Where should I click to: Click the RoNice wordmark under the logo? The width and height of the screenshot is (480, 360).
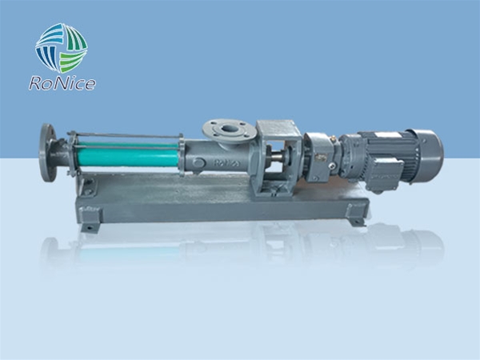coord(62,83)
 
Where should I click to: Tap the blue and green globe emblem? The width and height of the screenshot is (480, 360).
coord(62,48)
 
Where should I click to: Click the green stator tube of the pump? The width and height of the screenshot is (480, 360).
coord(127,154)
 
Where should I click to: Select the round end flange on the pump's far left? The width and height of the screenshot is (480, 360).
coord(48,153)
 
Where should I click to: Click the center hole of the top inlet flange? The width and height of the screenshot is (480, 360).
coord(230,129)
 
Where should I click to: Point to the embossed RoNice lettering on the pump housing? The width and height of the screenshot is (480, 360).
coord(226,163)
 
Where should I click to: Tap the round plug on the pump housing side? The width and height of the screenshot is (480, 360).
coord(198,162)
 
